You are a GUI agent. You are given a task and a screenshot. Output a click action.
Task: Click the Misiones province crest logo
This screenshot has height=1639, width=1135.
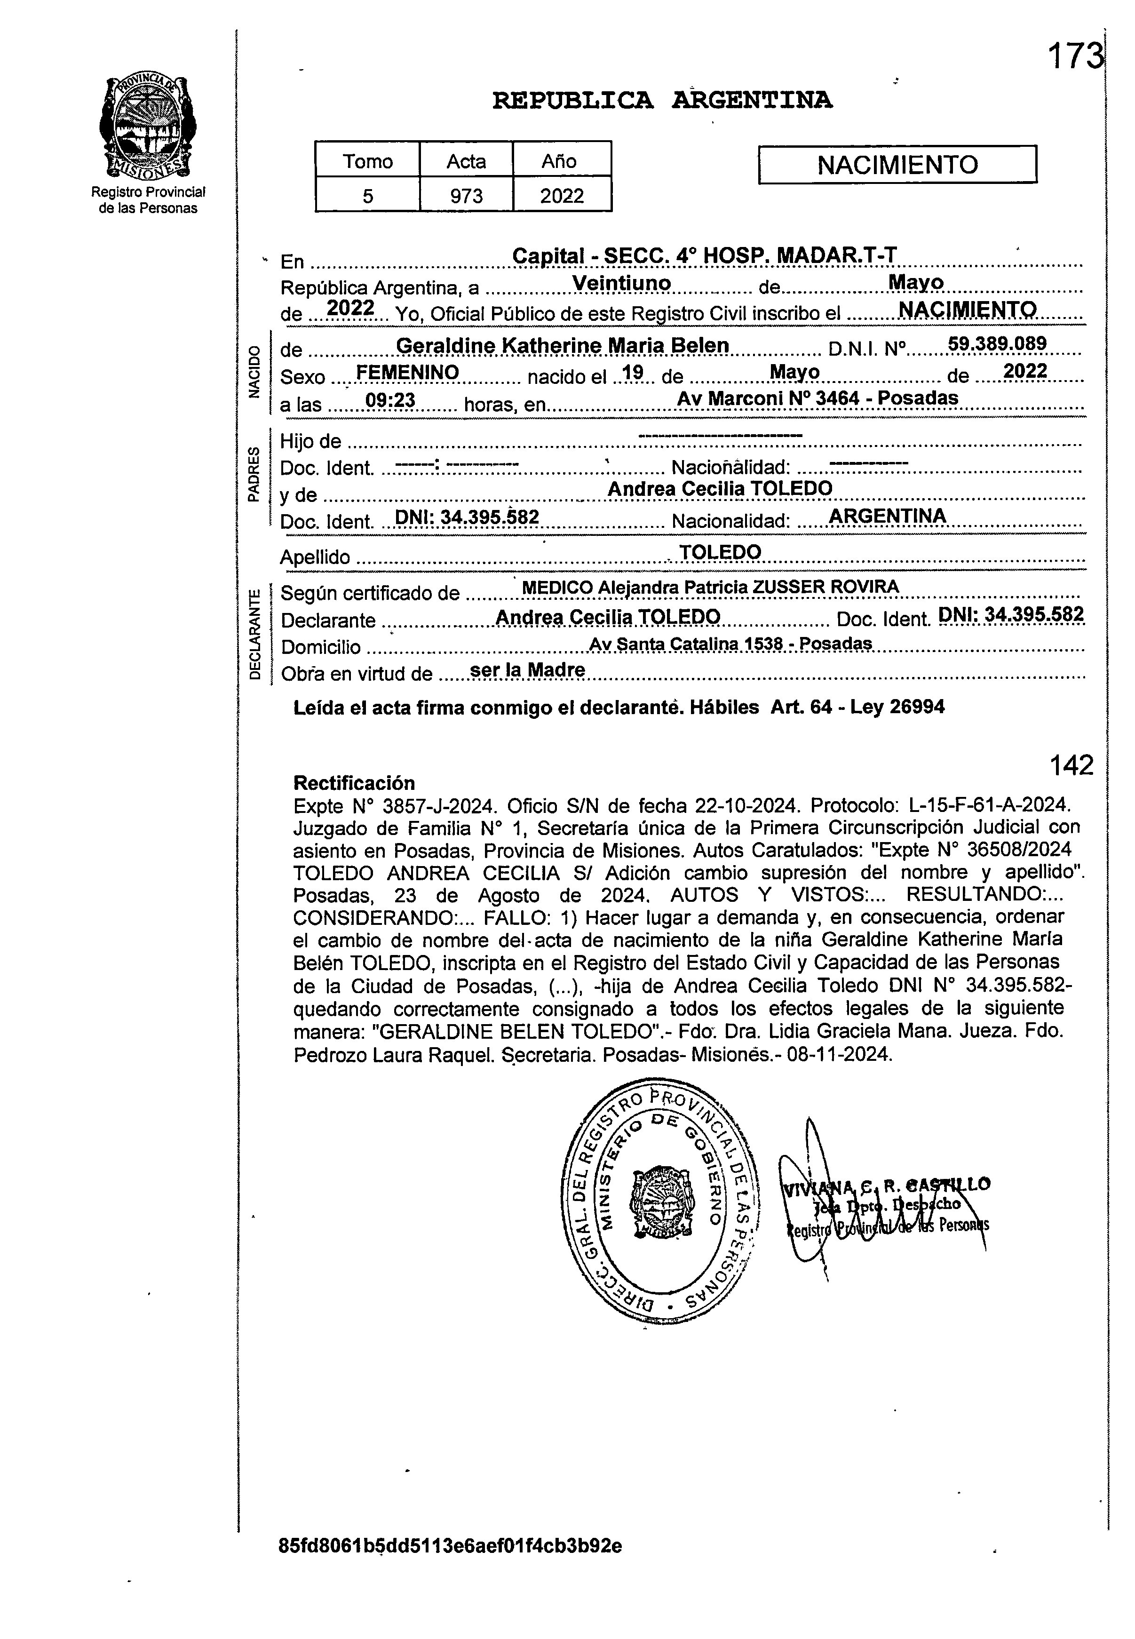coord(148,126)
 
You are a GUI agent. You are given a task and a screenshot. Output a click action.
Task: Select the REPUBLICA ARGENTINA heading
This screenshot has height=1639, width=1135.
coord(662,101)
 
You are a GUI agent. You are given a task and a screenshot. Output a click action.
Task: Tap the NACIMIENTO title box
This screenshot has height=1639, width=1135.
coord(897,165)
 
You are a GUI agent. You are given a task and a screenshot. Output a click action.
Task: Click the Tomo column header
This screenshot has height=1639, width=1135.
coord(368,161)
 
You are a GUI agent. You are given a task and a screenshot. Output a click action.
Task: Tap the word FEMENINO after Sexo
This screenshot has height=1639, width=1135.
coord(407,372)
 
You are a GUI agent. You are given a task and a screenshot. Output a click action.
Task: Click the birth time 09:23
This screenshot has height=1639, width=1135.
coord(390,401)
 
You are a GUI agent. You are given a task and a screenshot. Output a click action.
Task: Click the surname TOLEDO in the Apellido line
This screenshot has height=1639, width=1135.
coord(720,552)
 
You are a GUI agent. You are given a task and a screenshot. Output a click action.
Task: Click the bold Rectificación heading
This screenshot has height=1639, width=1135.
coord(353,783)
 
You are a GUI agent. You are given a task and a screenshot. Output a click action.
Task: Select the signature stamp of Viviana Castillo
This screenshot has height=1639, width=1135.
coord(885,1205)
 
